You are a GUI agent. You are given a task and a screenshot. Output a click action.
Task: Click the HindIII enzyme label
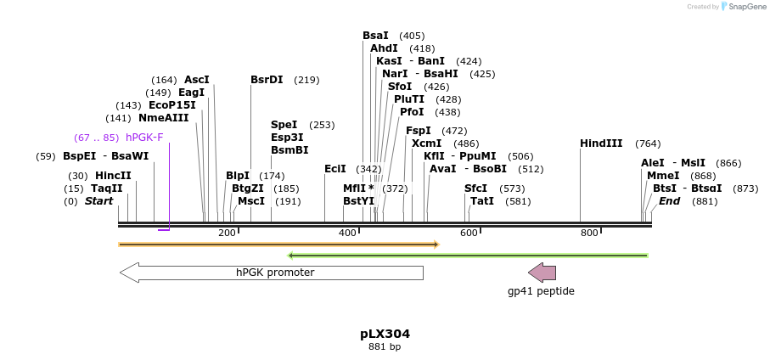pyautogui.click(x=601, y=143)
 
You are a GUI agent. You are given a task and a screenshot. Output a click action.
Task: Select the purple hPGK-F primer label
pyautogui.click(x=144, y=138)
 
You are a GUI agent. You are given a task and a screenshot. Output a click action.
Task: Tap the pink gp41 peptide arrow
pyautogui.click(x=542, y=273)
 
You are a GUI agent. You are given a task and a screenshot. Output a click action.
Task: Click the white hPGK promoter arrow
pyautogui.click(x=272, y=273)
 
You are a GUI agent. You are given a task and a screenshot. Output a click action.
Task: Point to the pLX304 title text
pyautogui.click(x=385, y=334)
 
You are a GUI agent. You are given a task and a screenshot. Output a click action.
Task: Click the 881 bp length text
pyautogui.click(x=385, y=346)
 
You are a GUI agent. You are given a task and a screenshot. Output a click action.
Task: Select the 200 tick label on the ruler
pyautogui.click(x=227, y=233)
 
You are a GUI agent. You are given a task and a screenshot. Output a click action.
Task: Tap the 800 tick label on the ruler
pyautogui.click(x=589, y=233)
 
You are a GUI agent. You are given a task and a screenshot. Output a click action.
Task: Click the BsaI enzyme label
pyautogui.click(x=375, y=36)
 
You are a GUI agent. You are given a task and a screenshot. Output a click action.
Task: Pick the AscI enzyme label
pyautogui.click(x=196, y=80)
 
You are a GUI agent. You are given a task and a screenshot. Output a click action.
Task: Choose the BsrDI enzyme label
pyautogui.click(x=267, y=80)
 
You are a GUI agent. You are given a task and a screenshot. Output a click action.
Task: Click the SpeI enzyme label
pyautogui.click(x=284, y=125)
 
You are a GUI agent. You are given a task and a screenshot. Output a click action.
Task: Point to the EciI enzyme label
pyautogui.click(x=335, y=169)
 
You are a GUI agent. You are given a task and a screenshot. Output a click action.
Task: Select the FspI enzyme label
pyautogui.click(x=419, y=131)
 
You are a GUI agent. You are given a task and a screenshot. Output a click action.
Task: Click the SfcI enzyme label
pyautogui.click(x=476, y=188)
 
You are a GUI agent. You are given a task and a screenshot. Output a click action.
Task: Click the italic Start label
pyautogui.click(x=98, y=201)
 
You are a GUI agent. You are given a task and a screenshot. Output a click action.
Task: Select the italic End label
pyautogui.click(x=669, y=201)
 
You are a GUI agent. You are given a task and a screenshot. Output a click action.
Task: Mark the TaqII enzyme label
pyautogui.click(x=107, y=188)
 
